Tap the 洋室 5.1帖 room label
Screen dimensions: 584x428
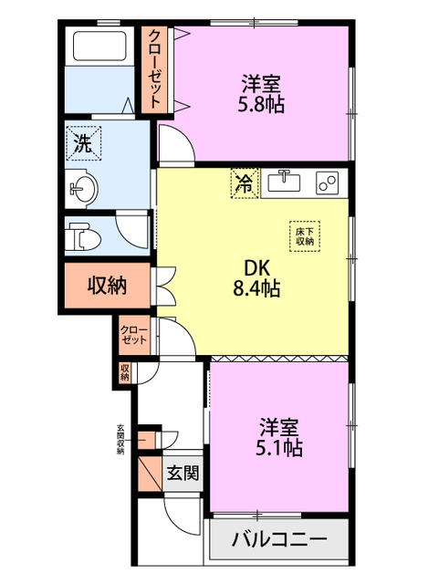[279, 437]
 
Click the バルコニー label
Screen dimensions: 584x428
[279, 538]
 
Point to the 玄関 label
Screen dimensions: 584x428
[183, 473]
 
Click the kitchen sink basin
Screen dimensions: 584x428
[285, 182]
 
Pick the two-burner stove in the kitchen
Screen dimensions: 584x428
[327, 182]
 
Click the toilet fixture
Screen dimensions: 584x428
[83, 235]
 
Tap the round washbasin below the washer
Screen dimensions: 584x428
[84, 190]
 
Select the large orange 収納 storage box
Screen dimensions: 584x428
[108, 286]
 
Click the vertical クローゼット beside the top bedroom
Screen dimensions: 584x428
[155, 69]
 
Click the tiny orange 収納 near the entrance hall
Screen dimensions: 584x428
[125, 372]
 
